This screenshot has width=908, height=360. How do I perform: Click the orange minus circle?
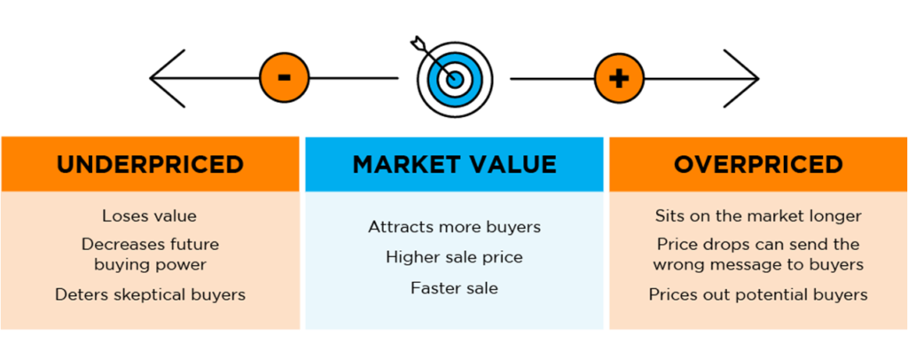[284, 77]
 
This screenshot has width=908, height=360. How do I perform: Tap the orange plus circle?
[618, 77]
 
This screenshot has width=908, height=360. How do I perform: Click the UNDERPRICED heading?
[150, 164]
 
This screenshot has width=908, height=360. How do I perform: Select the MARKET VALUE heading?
[454, 164]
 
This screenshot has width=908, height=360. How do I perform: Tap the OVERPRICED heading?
[758, 164]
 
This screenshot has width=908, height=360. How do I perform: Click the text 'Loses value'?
[149, 215]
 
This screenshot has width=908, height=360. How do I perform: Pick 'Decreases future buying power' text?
[149, 254]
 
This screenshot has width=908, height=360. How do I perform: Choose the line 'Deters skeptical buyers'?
[149, 294]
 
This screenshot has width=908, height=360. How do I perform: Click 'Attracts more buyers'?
[454, 227]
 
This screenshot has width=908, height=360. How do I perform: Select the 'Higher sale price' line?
[454, 257]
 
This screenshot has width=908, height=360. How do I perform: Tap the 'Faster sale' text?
[454, 288]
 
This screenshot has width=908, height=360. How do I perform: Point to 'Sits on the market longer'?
[758, 215]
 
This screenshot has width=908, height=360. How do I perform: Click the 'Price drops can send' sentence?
[758, 254]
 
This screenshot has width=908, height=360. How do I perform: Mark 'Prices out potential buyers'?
[758, 294]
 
